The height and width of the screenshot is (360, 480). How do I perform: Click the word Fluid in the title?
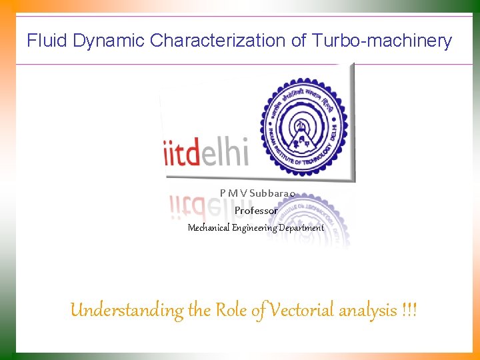pos(47,41)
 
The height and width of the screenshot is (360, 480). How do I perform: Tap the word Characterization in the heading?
pos(219,41)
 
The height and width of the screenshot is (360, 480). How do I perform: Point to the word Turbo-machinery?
pos(387,41)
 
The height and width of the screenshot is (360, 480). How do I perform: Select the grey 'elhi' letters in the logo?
pos(225,153)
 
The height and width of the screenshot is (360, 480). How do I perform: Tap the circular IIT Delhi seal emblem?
pos(303,123)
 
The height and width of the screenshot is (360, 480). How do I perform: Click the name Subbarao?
pos(272,193)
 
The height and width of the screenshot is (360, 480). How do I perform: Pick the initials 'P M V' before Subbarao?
pos(233,193)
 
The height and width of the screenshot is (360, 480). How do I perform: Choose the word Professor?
pos(256,211)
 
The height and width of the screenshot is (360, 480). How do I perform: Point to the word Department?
pos(301,228)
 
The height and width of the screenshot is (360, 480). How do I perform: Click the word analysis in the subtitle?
pos(369,311)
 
